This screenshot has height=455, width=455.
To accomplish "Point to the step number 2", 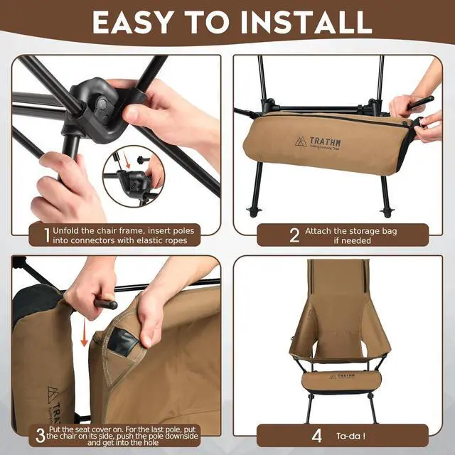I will (294, 235).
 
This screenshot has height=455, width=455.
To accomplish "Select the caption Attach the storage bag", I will (350, 230).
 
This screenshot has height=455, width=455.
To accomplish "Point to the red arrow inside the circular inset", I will (127, 164).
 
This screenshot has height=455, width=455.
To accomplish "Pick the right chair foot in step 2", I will (386, 211).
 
